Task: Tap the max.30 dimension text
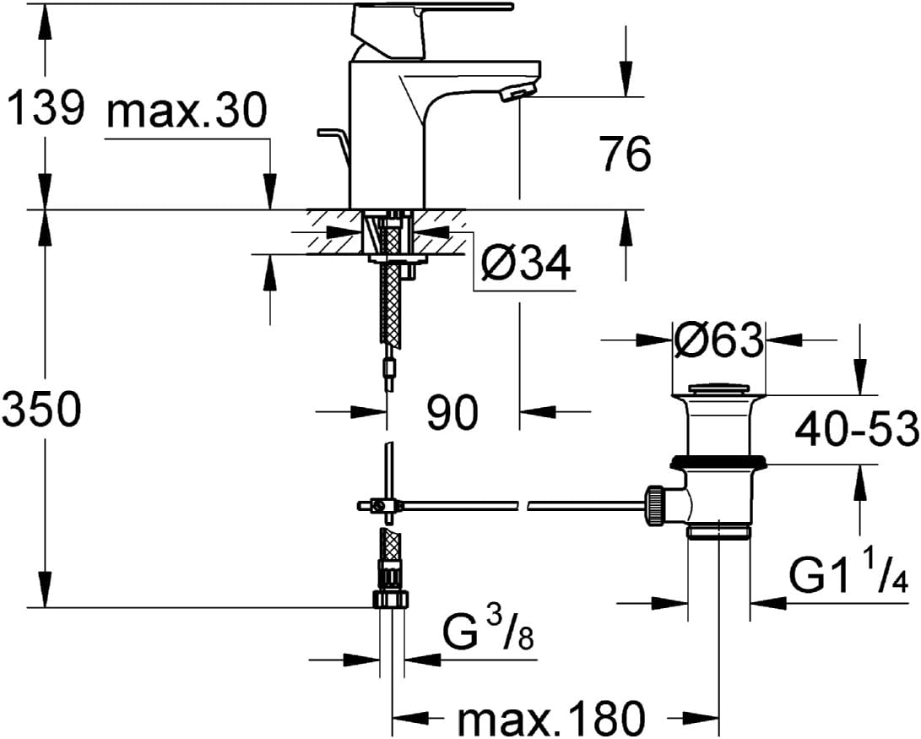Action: (187, 111)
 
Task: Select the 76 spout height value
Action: (626, 154)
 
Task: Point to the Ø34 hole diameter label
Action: (525, 264)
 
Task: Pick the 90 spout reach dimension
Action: (452, 412)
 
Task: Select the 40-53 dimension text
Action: (857, 429)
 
